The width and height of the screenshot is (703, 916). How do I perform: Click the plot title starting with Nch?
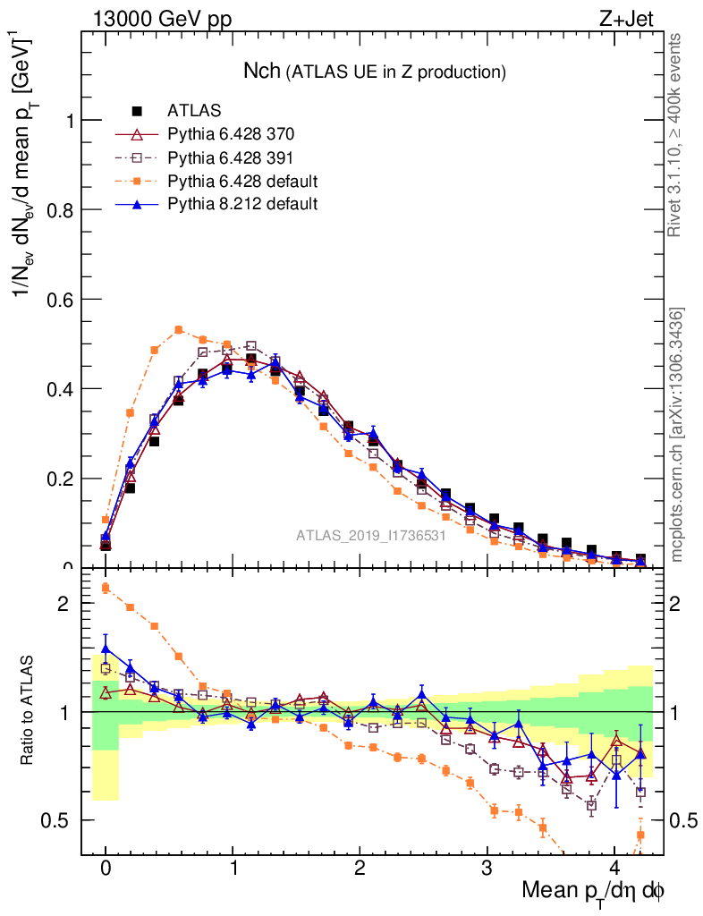pyautogui.click(x=375, y=71)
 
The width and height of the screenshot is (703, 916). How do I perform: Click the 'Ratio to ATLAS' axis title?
pyautogui.click(x=27, y=711)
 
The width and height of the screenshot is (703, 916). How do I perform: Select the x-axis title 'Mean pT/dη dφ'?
pyautogui.click(x=593, y=891)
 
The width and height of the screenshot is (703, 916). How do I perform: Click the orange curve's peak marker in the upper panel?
pyautogui.click(x=179, y=329)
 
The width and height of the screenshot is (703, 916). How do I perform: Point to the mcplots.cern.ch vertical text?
pyautogui.click(x=677, y=434)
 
